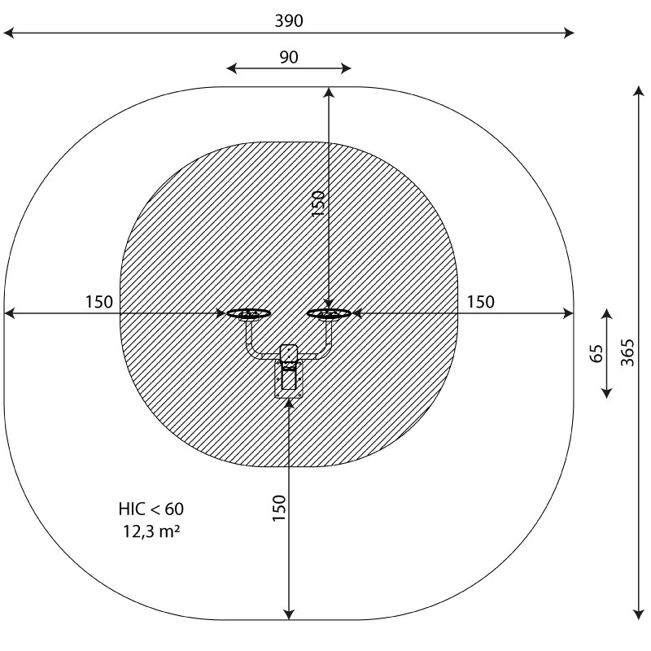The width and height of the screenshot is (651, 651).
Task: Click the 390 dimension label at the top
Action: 289,21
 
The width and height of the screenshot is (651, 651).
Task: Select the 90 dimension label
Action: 289,57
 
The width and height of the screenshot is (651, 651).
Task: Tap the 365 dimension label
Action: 627,352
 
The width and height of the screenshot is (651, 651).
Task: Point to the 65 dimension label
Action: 596,353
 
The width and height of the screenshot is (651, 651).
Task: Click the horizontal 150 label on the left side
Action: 98,302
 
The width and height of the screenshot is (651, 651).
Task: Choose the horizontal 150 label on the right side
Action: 481,302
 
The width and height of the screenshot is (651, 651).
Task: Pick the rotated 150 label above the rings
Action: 317,203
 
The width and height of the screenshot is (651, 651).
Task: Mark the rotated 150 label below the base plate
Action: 279,508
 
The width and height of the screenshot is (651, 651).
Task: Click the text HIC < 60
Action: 151,509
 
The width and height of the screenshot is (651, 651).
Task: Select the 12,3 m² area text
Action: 151,531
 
